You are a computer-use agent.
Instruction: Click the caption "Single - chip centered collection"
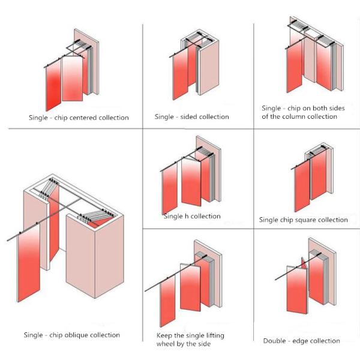coord(79,118)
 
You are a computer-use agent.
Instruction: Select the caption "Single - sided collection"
coord(191,116)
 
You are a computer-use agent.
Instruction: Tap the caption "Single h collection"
coord(192,216)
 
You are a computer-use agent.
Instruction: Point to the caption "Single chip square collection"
coord(303,220)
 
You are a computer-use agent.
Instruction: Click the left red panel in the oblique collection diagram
coord(29,267)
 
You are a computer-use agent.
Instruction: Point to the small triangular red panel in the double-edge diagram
coord(303,262)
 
